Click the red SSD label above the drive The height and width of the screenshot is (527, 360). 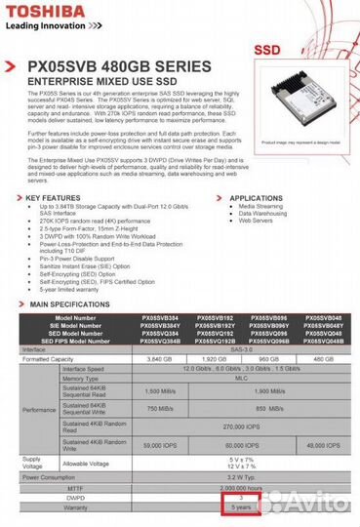tap(268, 47)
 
